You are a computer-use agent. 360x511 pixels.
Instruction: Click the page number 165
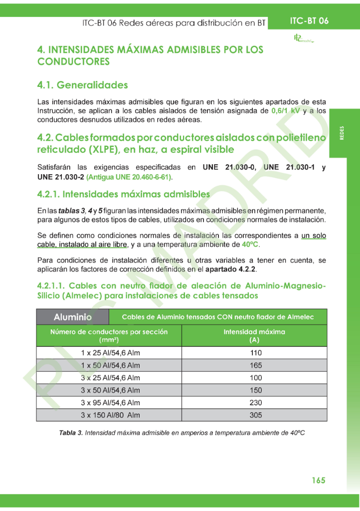[x=318, y=480]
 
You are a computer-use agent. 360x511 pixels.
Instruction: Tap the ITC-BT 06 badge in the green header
[x=309, y=21]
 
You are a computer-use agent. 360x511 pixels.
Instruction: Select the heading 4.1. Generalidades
[x=82, y=85]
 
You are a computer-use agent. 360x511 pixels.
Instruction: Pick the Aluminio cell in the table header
[x=72, y=317]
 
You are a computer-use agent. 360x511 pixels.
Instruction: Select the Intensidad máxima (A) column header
[x=254, y=336]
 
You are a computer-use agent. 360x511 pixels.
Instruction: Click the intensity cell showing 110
[x=255, y=353]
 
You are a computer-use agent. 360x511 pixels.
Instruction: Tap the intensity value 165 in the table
[x=255, y=365]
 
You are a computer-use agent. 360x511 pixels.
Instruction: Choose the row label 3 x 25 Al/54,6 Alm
[x=110, y=378]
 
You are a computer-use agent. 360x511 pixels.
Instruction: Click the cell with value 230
[x=255, y=403]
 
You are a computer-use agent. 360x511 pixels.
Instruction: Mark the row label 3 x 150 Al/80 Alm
[x=110, y=415]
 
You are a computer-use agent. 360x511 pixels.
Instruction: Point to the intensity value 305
[x=255, y=415]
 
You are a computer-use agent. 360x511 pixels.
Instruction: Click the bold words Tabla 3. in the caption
[x=71, y=433]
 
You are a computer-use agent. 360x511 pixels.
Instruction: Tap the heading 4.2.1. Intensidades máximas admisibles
[x=123, y=194]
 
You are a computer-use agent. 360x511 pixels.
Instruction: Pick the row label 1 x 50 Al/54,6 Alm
[x=110, y=365]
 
